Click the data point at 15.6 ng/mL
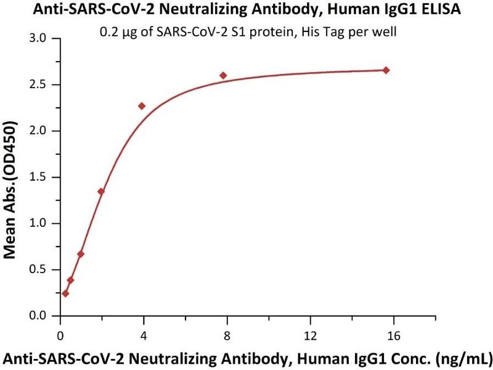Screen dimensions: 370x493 click(386, 70)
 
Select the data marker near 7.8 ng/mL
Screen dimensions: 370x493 click(223, 75)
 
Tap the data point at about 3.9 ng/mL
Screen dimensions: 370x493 click(142, 106)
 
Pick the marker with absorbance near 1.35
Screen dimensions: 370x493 click(101, 191)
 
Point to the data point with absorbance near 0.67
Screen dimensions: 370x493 click(81, 254)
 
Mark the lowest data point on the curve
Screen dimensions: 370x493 click(65, 294)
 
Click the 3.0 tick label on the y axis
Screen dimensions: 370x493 click(39, 38)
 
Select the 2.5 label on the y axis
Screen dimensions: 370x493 click(39, 84)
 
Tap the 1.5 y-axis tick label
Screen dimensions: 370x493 click(39, 177)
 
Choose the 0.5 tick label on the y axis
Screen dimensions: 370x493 click(39, 269)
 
